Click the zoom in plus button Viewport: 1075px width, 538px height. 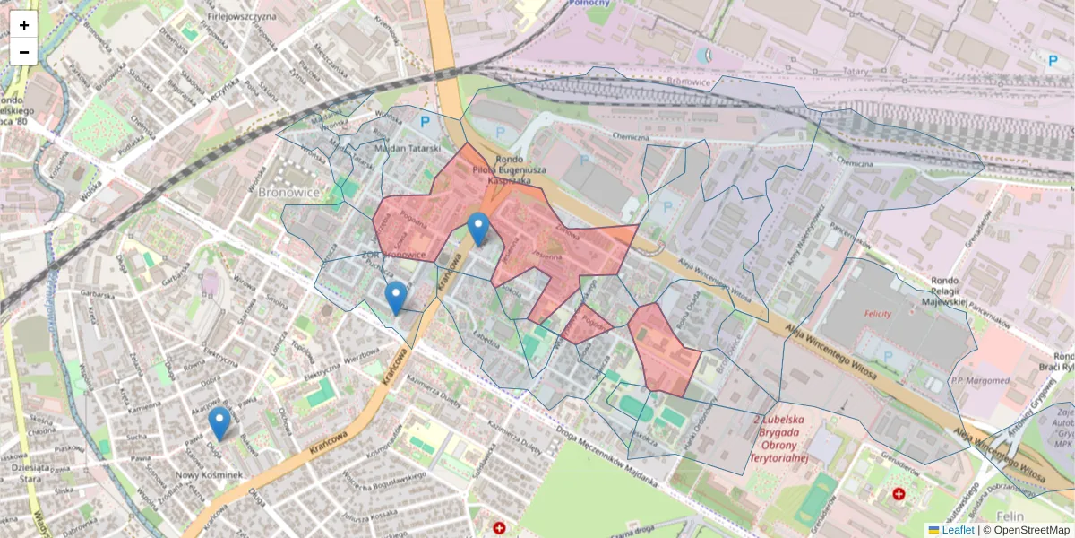pyautogui.click(x=24, y=24)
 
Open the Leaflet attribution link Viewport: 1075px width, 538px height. pyautogui.click(x=957, y=530)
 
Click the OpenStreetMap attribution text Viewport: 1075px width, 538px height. pyautogui.click(x=1027, y=530)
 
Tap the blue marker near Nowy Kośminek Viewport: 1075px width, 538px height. pyautogui.click(x=219, y=423)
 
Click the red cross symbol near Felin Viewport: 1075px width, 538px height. pyautogui.click(x=899, y=494)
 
